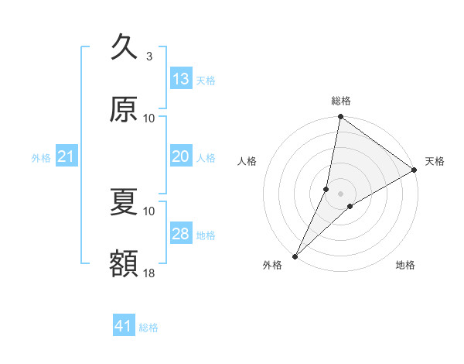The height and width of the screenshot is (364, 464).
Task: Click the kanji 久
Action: [x=124, y=47]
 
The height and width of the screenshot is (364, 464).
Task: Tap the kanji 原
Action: [x=124, y=110]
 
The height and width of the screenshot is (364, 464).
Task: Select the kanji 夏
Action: [x=124, y=203]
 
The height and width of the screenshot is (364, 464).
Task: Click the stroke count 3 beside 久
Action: [x=149, y=57]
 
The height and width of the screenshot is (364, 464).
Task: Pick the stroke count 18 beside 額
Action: [x=148, y=273]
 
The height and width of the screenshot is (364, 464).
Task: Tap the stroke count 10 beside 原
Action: [x=148, y=118]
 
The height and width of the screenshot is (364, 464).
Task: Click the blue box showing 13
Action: [x=181, y=79]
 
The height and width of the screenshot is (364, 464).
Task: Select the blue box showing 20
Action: [x=181, y=156]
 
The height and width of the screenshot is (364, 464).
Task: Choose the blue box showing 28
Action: [x=181, y=234]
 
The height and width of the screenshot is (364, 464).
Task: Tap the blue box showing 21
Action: [x=67, y=157]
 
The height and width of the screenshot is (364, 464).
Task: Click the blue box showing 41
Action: [x=124, y=326]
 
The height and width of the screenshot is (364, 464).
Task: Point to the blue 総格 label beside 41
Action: [x=148, y=328]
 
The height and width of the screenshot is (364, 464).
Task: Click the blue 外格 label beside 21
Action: [x=41, y=158]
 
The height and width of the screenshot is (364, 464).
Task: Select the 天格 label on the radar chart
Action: [x=435, y=161]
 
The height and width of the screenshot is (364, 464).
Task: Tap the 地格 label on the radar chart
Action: [x=405, y=266]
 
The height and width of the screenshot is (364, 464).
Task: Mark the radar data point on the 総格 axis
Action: [x=340, y=118]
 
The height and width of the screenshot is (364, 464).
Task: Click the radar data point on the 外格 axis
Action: [x=295, y=256]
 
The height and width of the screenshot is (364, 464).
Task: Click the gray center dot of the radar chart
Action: [x=340, y=194]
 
